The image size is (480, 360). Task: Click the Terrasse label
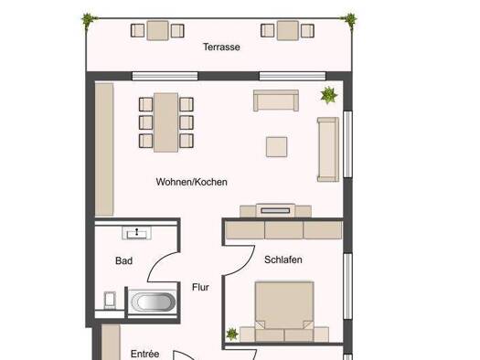(221, 47)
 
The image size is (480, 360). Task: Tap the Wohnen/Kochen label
(192, 182)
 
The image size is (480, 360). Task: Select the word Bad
(123, 260)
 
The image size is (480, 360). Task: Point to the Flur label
(200, 287)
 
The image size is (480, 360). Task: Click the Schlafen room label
(283, 259)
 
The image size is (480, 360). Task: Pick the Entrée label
(144, 354)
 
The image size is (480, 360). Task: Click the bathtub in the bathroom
(153, 302)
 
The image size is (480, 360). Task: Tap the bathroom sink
(136, 233)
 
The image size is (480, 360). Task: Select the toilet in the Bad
(110, 301)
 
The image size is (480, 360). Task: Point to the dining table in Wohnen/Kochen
(165, 122)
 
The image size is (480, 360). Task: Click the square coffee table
(276, 147)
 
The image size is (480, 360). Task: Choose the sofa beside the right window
(328, 149)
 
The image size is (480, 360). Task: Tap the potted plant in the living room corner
(329, 95)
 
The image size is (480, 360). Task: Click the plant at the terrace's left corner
(89, 20)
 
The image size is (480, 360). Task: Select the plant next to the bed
(232, 334)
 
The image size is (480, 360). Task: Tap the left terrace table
(157, 30)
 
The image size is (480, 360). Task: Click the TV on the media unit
(275, 210)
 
